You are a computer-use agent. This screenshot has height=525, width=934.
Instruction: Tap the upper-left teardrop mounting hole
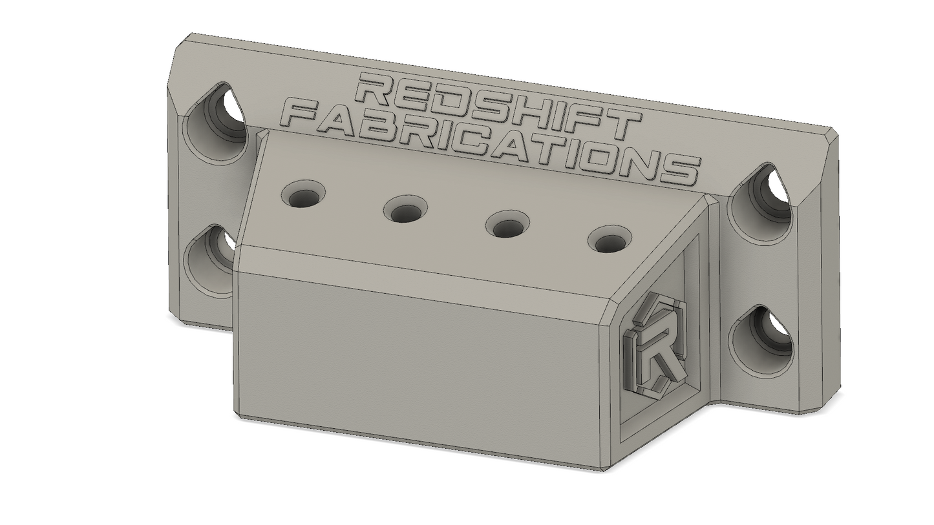tap(216, 122)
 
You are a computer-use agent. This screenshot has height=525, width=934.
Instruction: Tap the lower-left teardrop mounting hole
tap(211, 260)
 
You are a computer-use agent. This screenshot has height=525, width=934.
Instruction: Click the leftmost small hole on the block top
tap(304, 194)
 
